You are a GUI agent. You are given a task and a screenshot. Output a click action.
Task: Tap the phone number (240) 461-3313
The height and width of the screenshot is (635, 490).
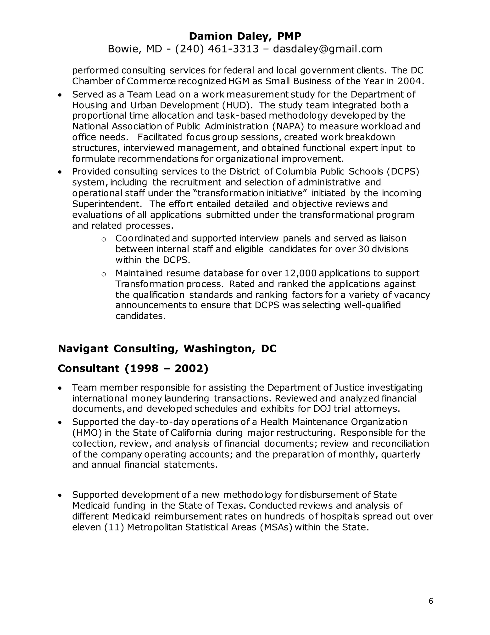217,49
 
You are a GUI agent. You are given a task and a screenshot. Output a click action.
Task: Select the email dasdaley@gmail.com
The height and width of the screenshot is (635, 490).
328,49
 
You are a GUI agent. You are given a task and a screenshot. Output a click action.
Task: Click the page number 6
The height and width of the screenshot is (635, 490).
431,601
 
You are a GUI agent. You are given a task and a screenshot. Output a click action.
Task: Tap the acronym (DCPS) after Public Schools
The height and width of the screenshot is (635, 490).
403,172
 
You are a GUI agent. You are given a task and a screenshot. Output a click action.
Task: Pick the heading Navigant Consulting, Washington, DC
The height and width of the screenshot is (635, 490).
167,348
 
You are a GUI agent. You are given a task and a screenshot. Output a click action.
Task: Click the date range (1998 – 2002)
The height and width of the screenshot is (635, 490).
167,368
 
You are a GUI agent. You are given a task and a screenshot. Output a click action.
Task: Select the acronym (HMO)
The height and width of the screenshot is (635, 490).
87,433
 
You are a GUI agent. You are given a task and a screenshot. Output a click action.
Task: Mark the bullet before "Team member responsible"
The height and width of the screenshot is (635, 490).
60,388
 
